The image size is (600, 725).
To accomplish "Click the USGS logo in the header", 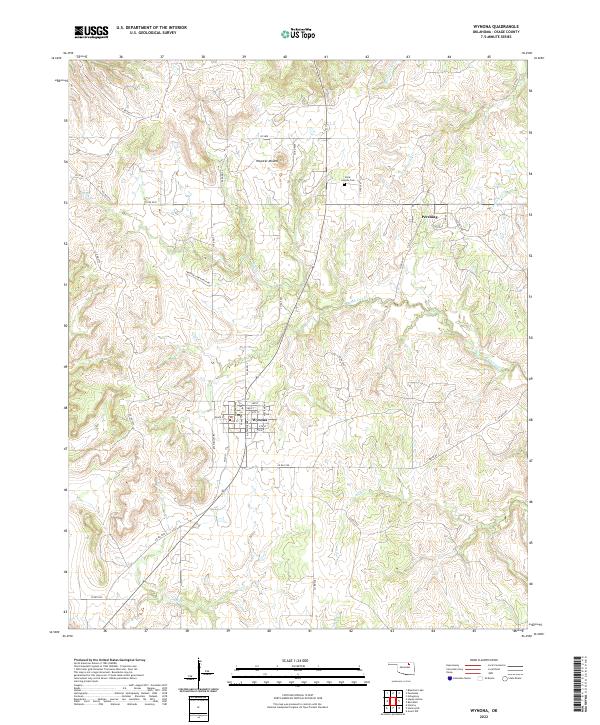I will coord(92,33).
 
